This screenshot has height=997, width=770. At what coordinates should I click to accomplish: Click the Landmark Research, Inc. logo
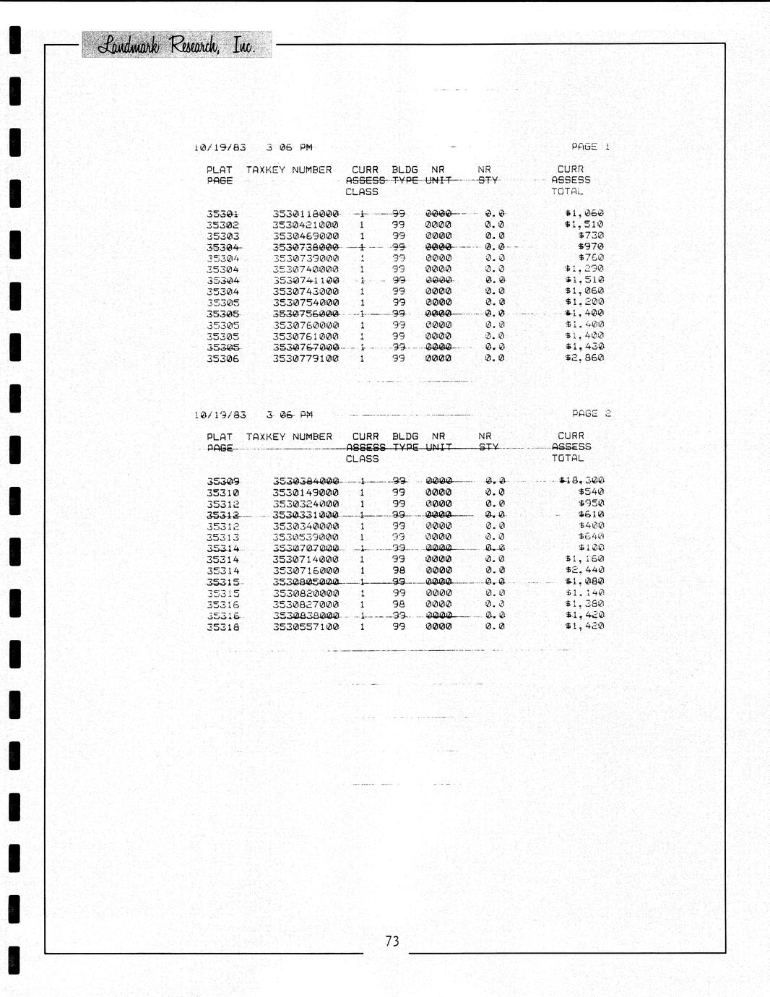(177, 45)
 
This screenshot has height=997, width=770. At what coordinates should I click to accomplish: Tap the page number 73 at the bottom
(392, 941)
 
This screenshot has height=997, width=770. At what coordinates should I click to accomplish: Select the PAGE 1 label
(590, 147)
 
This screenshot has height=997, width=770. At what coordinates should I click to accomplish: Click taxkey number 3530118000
(306, 214)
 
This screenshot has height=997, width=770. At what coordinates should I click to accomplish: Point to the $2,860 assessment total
(584, 358)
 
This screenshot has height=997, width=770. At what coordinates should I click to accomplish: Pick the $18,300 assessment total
(581, 480)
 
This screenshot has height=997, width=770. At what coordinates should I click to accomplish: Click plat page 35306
(222, 358)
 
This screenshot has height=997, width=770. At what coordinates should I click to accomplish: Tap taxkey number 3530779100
(306, 358)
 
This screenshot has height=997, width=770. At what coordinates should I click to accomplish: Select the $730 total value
(591, 236)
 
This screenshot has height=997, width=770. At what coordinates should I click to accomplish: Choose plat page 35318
(222, 627)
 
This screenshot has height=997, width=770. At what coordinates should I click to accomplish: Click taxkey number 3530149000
(306, 493)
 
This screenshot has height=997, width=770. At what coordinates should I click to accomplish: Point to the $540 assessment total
(591, 492)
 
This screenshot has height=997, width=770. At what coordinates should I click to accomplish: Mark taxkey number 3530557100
(306, 627)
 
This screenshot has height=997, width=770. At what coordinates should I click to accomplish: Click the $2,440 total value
(584, 570)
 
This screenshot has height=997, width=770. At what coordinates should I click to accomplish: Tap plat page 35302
(222, 225)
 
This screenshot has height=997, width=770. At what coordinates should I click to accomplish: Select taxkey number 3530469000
(306, 236)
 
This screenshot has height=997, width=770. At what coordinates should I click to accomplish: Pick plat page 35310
(222, 493)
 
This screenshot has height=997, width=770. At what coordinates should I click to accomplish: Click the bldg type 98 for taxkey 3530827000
(399, 604)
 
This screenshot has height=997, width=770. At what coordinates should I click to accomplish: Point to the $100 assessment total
(591, 548)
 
